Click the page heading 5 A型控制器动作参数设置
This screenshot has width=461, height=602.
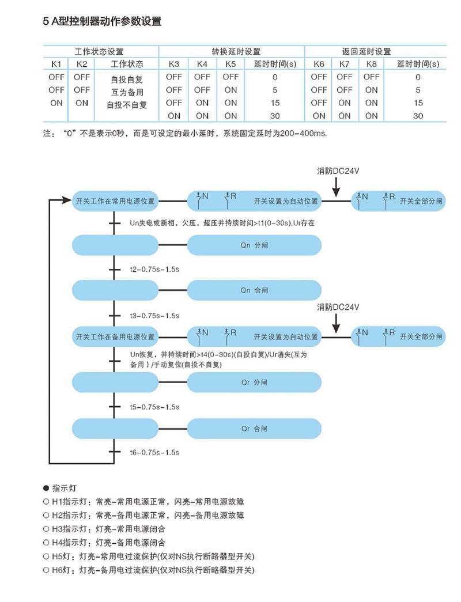pyautogui.click(x=102, y=22)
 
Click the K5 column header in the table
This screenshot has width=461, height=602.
pyautogui.click(x=231, y=63)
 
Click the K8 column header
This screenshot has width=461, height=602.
pyautogui.click(x=372, y=63)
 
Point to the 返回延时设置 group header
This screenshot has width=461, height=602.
pyautogui.click(x=374, y=51)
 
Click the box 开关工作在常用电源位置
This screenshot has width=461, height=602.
pyautogui.click(x=115, y=201)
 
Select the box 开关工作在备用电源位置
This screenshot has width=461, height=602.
pyautogui.click(x=115, y=336)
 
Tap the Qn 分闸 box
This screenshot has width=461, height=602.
pyautogui.click(x=254, y=245)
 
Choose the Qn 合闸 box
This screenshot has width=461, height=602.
pyautogui.click(x=254, y=290)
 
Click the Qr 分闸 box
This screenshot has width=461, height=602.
pyautogui.click(x=254, y=382)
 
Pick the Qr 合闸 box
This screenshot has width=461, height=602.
pyautogui.click(x=254, y=429)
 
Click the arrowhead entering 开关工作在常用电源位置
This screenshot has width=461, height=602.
pyautogui.click(x=67, y=201)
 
